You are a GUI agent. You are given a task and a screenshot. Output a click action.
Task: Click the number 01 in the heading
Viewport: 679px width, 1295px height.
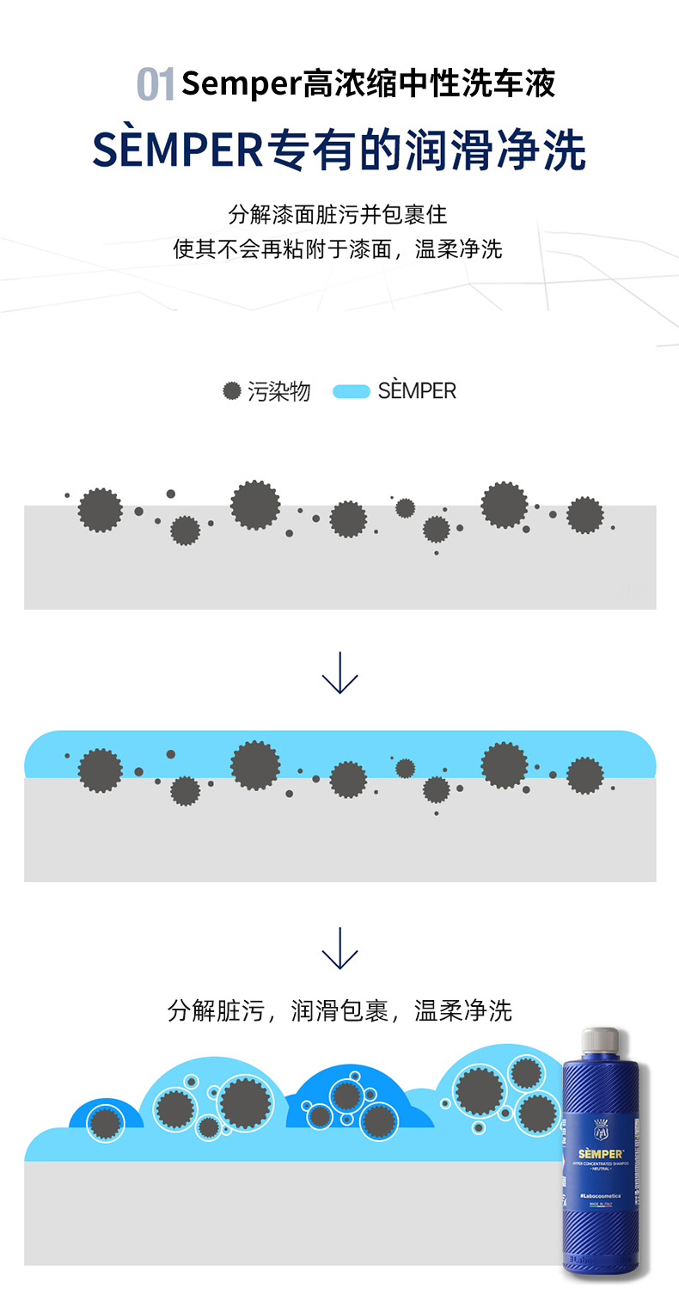pos(156,85)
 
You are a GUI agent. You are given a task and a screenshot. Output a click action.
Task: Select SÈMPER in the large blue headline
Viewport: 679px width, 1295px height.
pos(177,151)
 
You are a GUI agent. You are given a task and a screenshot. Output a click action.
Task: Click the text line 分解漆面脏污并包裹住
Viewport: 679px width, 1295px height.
pos(338,214)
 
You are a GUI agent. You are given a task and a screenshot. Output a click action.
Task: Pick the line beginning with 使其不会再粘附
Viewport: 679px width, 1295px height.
pos(338,249)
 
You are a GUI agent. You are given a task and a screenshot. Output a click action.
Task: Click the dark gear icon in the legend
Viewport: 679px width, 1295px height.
pos(231,391)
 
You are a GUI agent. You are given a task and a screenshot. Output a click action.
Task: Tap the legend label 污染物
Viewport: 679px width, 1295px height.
pos(278,392)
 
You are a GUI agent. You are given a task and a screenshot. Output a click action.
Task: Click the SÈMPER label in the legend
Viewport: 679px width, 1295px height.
pos(417,391)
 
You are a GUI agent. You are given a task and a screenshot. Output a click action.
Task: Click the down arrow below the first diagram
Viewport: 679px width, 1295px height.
pos(339,672)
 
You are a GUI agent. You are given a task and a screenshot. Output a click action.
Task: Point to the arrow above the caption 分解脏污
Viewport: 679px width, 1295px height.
pos(339,948)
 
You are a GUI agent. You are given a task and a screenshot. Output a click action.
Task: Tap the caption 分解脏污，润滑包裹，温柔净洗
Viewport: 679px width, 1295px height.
pos(339,1010)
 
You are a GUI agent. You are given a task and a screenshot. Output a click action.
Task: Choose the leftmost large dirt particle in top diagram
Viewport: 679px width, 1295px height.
pos(101,510)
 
